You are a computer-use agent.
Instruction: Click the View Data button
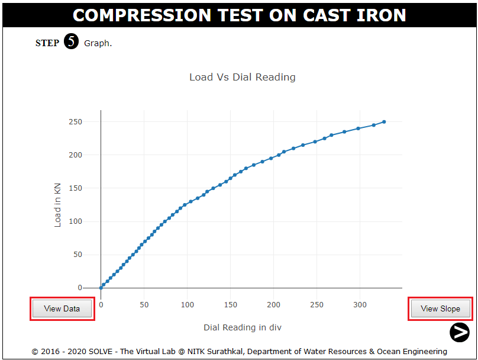[x=62, y=308]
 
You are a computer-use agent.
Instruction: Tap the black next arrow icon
[x=459, y=332]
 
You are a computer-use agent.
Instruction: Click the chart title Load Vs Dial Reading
[x=242, y=77]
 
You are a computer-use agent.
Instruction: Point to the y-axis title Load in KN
[x=57, y=204]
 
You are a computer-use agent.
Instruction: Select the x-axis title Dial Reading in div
[x=247, y=327]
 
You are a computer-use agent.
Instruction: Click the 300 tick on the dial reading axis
[x=360, y=304]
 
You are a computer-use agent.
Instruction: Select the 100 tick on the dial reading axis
[x=187, y=304]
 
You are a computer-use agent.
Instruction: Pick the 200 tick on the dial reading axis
[x=273, y=304]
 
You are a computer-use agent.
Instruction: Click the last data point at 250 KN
[x=384, y=122]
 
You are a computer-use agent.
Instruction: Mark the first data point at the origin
[x=101, y=288]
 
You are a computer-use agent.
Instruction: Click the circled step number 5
[x=71, y=42]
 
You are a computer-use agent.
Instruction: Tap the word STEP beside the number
[x=47, y=43]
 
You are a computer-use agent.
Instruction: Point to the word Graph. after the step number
[x=98, y=43]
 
